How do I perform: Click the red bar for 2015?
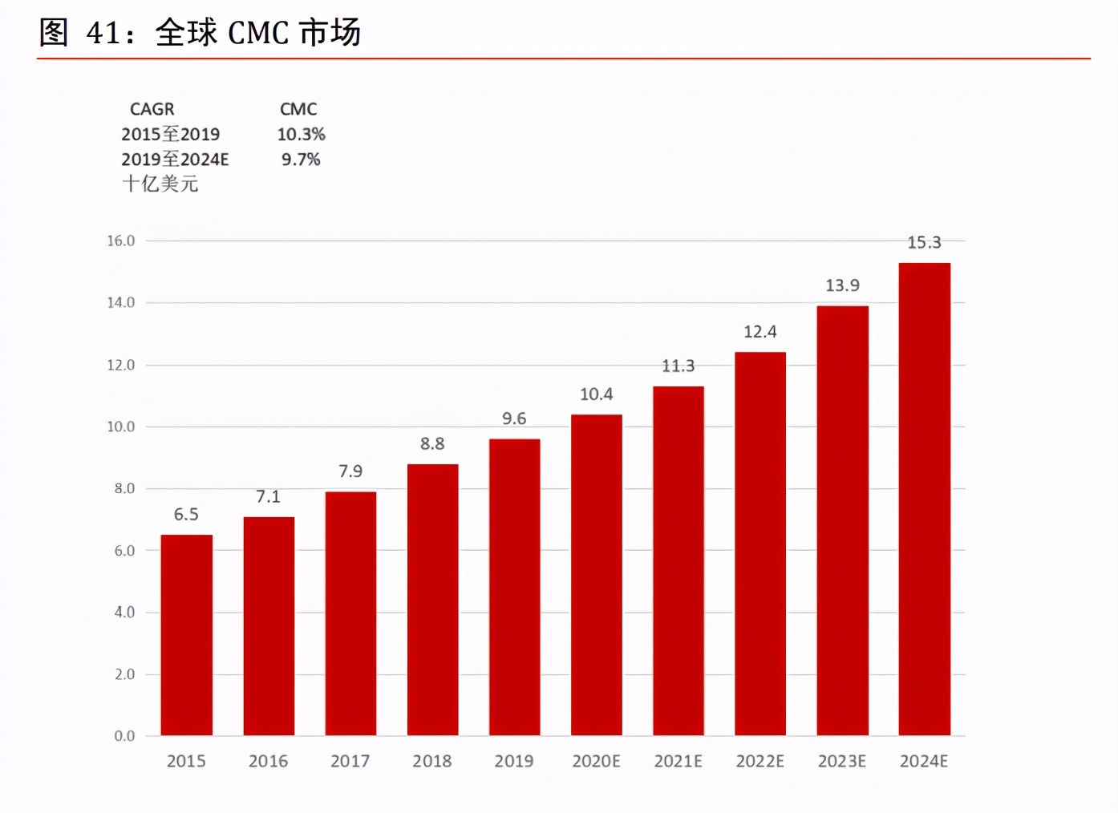coord(186,634)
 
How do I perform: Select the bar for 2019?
coord(514,587)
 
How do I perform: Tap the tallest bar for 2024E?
coord(924,499)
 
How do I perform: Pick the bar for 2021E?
coord(678,560)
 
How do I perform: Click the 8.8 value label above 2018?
coord(432,443)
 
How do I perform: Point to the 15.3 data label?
coord(924,242)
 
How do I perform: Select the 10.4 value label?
coord(596,394)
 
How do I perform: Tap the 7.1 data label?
coord(268,496)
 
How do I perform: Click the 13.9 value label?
coord(842,285)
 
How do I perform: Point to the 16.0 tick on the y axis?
coord(121,241)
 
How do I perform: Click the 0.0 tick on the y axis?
coord(124,735)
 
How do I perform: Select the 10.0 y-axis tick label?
coord(121,427)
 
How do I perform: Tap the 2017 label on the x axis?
coord(350,761)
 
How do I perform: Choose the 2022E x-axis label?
coord(760,761)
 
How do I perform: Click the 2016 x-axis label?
coord(268,761)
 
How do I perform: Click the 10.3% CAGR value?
coord(301,134)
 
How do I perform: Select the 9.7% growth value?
coord(301,160)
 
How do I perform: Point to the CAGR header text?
coord(152,109)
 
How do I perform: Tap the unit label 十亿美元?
coord(160,184)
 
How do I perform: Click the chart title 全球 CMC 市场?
coord(257,33)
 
